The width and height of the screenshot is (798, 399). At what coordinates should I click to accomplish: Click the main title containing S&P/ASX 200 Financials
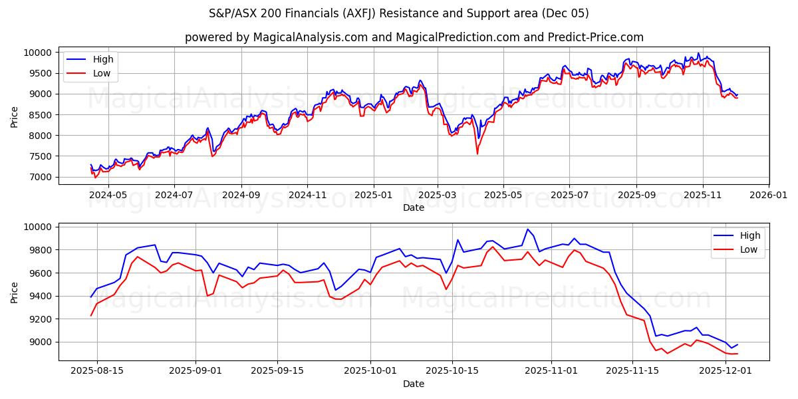(399, 13)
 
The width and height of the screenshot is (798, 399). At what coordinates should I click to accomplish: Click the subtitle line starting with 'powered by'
(414, 37)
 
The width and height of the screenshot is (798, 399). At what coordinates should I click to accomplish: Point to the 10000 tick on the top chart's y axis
(37, 53)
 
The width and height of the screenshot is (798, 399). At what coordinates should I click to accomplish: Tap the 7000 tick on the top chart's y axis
(39, 177)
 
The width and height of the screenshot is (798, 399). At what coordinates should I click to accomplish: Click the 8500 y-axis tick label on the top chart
(39, 115)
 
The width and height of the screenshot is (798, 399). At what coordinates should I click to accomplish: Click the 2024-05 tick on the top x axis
(108, 195)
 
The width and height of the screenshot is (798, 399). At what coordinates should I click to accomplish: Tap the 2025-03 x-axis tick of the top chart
(437, 195)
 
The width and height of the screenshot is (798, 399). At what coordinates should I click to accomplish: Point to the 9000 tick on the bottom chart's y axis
(39, 342)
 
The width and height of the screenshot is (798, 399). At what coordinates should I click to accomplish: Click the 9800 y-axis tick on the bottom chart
(39, 250)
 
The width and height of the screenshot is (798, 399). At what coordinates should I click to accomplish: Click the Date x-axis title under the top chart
(414, 207)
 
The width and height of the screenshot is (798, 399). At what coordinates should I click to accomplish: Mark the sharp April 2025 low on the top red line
(477, 154)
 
